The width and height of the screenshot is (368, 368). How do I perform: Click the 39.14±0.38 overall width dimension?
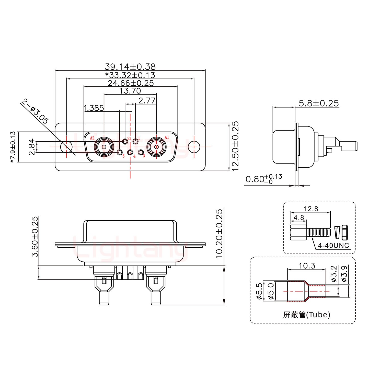click(130, 67)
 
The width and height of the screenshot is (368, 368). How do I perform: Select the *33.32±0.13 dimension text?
click(130, 75)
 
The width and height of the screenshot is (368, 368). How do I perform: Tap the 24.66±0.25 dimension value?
click(131, 83)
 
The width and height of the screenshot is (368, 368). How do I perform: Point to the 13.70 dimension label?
click(130, 91)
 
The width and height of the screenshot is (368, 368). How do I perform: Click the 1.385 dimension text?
click(94, 108)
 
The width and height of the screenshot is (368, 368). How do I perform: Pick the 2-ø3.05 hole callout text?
click(35, 111)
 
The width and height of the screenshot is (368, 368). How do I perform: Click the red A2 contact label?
click(92, 138)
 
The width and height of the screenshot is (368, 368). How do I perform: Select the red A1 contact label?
click(167, 137)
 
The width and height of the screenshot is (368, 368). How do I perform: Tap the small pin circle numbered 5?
click(120, 152)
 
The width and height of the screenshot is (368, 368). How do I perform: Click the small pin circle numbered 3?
click(141, 152)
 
